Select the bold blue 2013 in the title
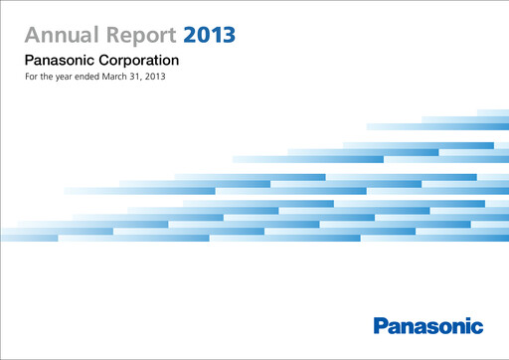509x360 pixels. (x=210, y=36)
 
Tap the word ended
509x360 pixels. (x=93, y=78)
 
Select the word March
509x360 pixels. (x=127, y=78)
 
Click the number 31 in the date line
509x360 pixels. (x=152, y=78)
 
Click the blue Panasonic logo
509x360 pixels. (x=428, y=325)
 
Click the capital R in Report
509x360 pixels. (x=110, y=36)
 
